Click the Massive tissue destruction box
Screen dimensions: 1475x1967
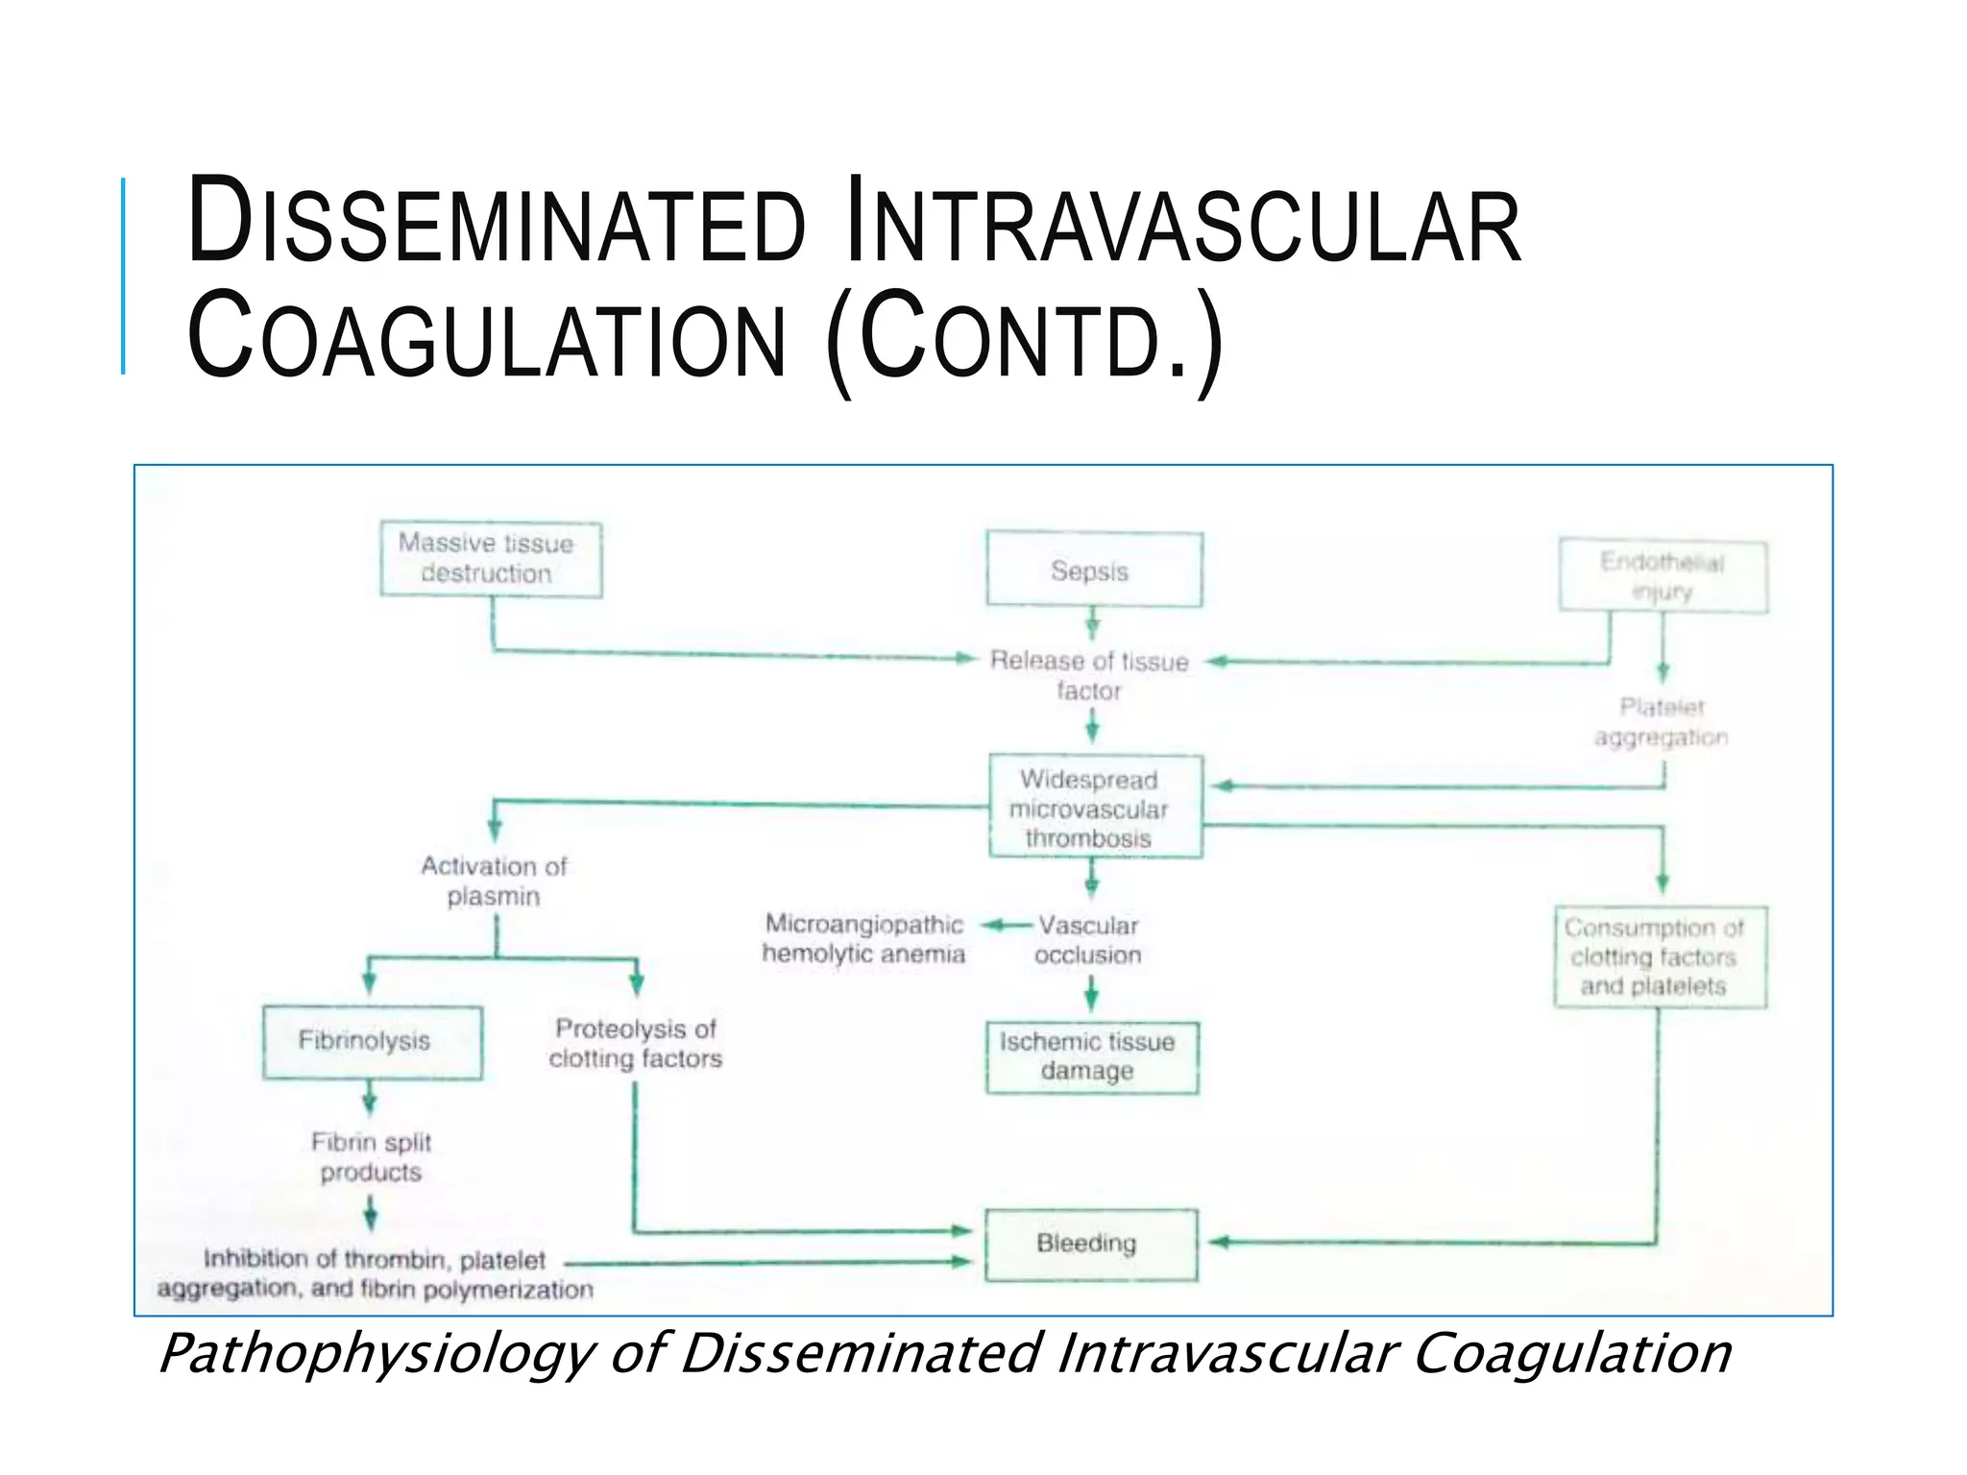point(490,559)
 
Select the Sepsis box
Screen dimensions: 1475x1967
point(1093,569)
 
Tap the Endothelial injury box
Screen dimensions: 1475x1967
point(1663,576)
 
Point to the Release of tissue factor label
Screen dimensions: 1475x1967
point(1089,675)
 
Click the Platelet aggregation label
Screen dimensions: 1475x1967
point(1661,722)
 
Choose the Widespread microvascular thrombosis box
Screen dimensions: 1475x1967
point(1095,808)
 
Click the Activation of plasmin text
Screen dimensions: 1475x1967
point(494,881)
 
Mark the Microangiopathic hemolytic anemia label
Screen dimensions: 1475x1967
point(863,938)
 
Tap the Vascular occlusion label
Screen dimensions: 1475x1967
point(1088,939)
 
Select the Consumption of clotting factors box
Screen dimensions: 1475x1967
point(1659,956)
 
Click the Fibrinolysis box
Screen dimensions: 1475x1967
point(372,1041)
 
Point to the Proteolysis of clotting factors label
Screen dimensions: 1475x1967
point(635,1043)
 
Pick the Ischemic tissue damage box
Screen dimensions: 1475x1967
point(1091,1056)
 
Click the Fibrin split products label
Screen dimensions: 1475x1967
point(371,1156)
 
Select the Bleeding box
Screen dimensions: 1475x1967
point(1091,1244)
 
